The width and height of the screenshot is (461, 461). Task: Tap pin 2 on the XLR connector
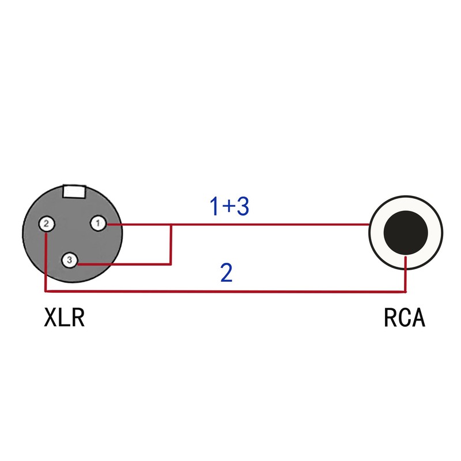click(x=46, y=224)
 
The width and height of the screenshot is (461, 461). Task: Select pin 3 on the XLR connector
click(x=69, y=260)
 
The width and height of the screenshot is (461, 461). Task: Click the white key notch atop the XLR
click(x=74, y=190)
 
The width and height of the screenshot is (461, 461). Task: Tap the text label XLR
click(x=65, y=318)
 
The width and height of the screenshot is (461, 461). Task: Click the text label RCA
click(x=404, y=318)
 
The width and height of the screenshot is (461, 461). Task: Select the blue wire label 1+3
click(x=229, y=206)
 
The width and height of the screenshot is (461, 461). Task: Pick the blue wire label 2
click(x=226, y=273)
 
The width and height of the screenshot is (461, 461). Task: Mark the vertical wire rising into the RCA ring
click(x=406, y=275)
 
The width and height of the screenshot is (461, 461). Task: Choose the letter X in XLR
click(x=51, y=318)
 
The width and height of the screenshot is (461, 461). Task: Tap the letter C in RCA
click(x=404, y=318)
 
